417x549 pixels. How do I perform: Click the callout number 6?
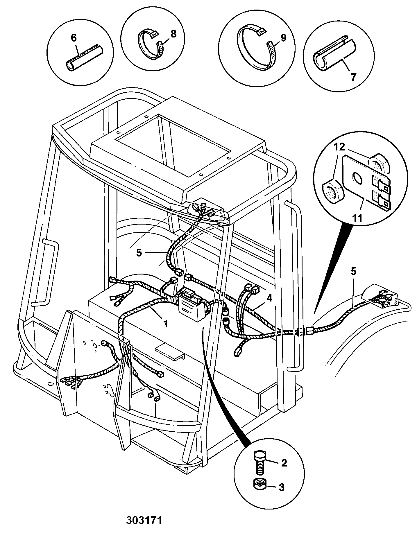[x=74, y=38]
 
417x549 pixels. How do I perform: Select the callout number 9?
[x=283, y=38]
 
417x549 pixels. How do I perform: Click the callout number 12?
[x=339, y=147]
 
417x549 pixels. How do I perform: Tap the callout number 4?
[x=270, y=298]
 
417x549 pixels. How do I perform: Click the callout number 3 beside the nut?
[x=281, y=487]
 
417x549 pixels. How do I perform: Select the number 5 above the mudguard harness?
[x=353, y=272]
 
